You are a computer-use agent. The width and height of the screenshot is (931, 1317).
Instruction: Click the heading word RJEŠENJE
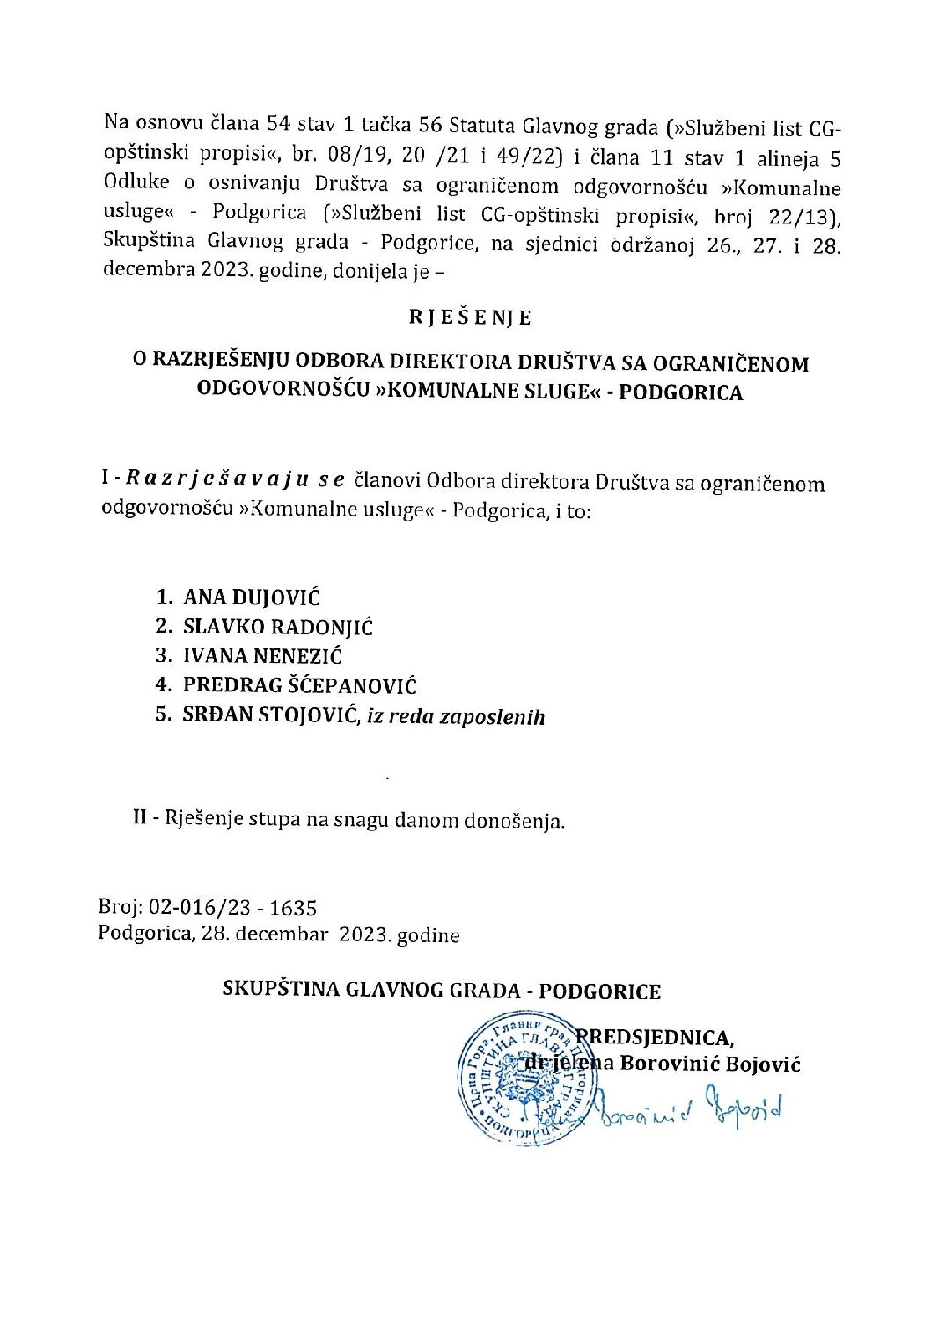point(470,318)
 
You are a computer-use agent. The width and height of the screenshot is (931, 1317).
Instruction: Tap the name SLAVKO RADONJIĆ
point(278,627)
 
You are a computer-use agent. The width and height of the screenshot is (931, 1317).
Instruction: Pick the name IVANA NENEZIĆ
point(262,656)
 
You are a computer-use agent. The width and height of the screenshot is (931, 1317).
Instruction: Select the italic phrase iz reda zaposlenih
point(456,717)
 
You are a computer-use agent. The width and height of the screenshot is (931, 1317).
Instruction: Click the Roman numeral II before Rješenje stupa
point(139,818)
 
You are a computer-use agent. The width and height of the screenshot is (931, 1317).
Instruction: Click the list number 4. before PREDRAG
point(163,686)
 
